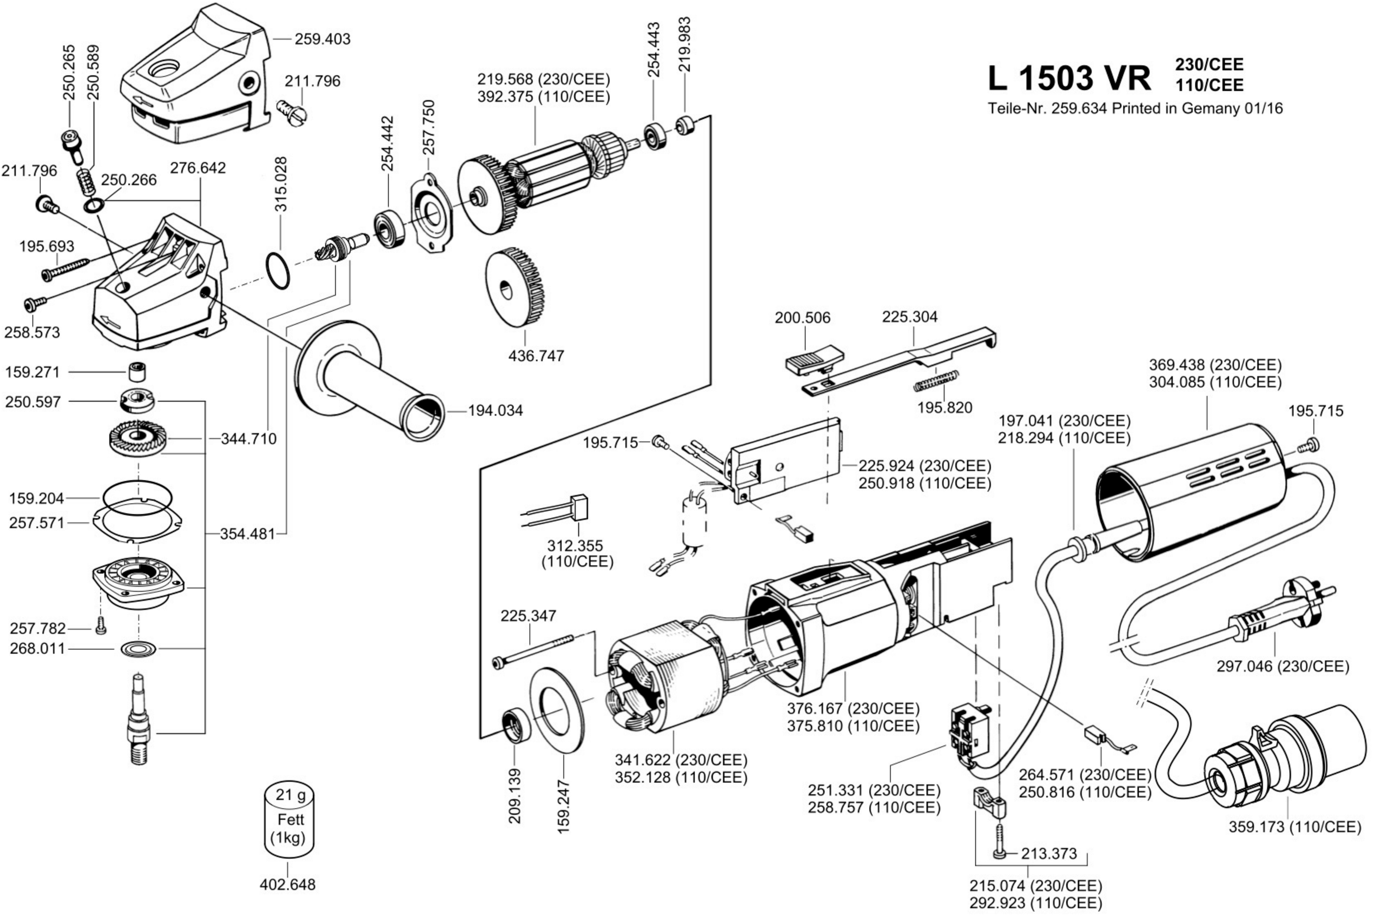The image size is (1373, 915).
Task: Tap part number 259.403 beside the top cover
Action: (322, 39)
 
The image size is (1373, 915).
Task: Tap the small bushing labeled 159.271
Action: (137, 371)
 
